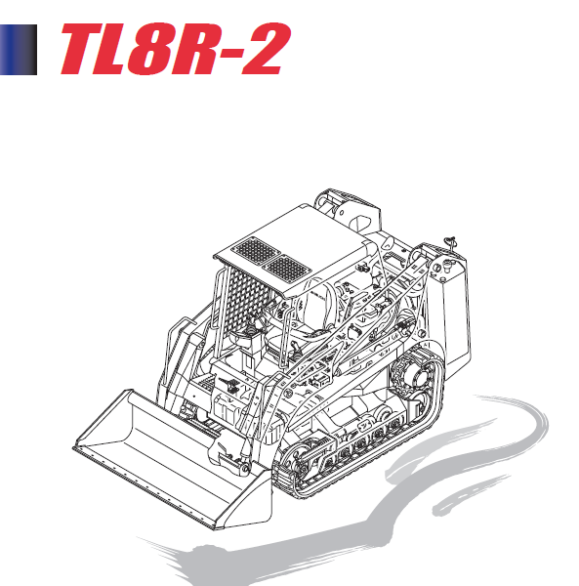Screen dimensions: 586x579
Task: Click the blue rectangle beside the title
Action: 18,50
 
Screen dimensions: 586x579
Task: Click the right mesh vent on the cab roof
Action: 287,266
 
